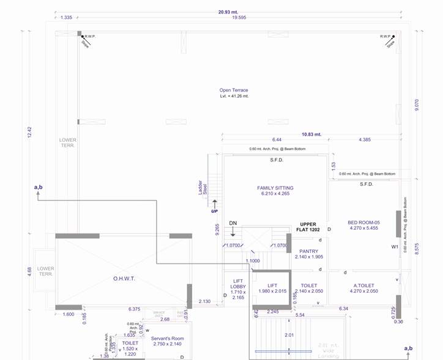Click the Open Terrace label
tap(234, 90)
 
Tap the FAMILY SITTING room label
tap(275, 188)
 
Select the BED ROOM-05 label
tap(364, 222)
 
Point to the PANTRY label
tap(308, 251)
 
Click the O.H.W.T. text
tap(123, 279)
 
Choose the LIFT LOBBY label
tap(238, 286)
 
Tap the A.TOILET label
tap(363, 285)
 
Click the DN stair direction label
tap(233, 223)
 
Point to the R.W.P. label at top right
tap(385, 37)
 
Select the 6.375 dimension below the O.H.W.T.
tap(134, 309)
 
